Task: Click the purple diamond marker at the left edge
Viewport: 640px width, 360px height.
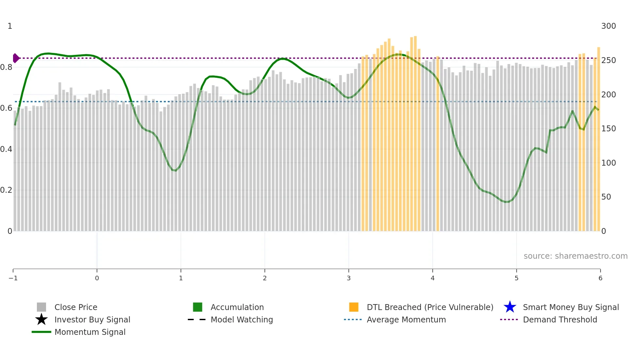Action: (x=16, y=58)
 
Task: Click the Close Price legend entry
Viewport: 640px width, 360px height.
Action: (x=75, y=307)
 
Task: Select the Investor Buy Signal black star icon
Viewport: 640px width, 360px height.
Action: (x=41, y=319)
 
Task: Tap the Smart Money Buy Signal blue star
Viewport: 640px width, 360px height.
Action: (x=510, y=307)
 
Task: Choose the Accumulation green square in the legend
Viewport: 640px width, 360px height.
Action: (x=198, y=307)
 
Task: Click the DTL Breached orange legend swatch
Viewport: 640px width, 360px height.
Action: (x=354, y=307)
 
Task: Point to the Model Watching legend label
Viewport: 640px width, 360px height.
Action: (x=242, y=319)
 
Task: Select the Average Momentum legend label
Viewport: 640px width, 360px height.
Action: (x=406, y=319)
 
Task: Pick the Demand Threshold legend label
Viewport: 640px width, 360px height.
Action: (x=560, y=319)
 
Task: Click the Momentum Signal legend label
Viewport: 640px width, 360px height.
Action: (x=90, y=332)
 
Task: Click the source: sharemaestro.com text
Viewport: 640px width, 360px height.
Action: (x=575, y=256)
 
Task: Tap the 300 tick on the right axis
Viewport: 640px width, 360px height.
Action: (x=608, y=26)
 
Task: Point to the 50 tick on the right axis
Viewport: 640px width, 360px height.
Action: (x=606, y=197)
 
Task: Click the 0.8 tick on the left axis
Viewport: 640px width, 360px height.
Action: (x=6, y=67)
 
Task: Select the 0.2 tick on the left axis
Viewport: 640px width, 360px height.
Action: (x=6, y=190)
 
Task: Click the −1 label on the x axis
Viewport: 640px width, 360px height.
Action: (x=13, y=278)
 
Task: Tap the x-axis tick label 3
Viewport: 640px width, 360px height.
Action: (x=349, y=278)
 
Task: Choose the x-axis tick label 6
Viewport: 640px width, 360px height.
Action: (x=600, y=278)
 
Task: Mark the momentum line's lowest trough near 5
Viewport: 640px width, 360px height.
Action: (x=506, y=202)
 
